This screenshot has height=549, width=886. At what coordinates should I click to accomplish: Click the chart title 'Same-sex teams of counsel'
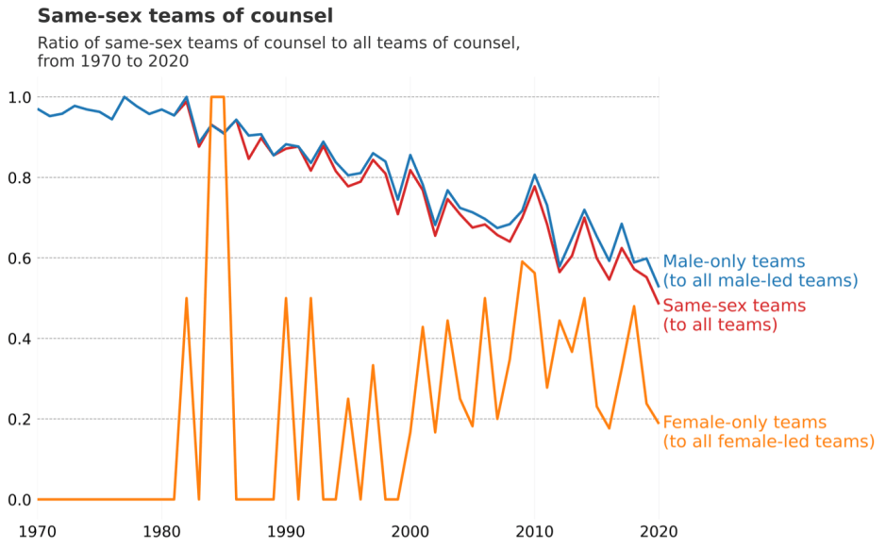[x=185, y=16]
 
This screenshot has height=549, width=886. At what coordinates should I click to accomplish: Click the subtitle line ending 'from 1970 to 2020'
[x=113, y=61]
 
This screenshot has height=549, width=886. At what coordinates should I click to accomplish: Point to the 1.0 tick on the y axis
[x=20, y=97]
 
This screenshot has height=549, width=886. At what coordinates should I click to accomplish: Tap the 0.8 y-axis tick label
[x=20, y=177]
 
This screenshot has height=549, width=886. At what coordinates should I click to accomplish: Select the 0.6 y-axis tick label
[x=20, y=258]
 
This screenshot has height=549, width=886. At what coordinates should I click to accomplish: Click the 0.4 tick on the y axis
[x=20, y=339]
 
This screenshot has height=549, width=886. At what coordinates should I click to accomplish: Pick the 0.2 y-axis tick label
[x=20, y=419]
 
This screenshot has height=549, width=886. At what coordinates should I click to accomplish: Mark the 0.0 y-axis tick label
[x=20, y=499]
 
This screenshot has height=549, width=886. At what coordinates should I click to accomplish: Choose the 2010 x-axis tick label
[x=534, y=530]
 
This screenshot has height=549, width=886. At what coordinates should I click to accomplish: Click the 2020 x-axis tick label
[x=659, y=530]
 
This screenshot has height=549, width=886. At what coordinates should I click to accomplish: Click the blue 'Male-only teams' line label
[x=760, y=271]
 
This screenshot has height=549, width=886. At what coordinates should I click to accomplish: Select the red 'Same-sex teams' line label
[x=735, y=315]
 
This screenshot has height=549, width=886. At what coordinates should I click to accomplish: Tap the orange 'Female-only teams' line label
[x=768, y=432]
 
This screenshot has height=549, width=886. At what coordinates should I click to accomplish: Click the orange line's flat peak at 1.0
[x=217, y=97]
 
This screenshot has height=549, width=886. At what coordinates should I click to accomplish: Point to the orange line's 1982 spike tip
[x=186, y=299]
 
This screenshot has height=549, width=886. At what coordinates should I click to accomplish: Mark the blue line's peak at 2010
[x=535, y=175]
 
